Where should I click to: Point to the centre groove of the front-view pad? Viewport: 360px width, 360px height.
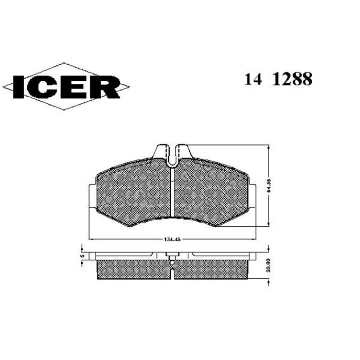click(x=173, y=193)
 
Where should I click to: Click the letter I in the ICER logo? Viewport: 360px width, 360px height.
click(x=17, y=87)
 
